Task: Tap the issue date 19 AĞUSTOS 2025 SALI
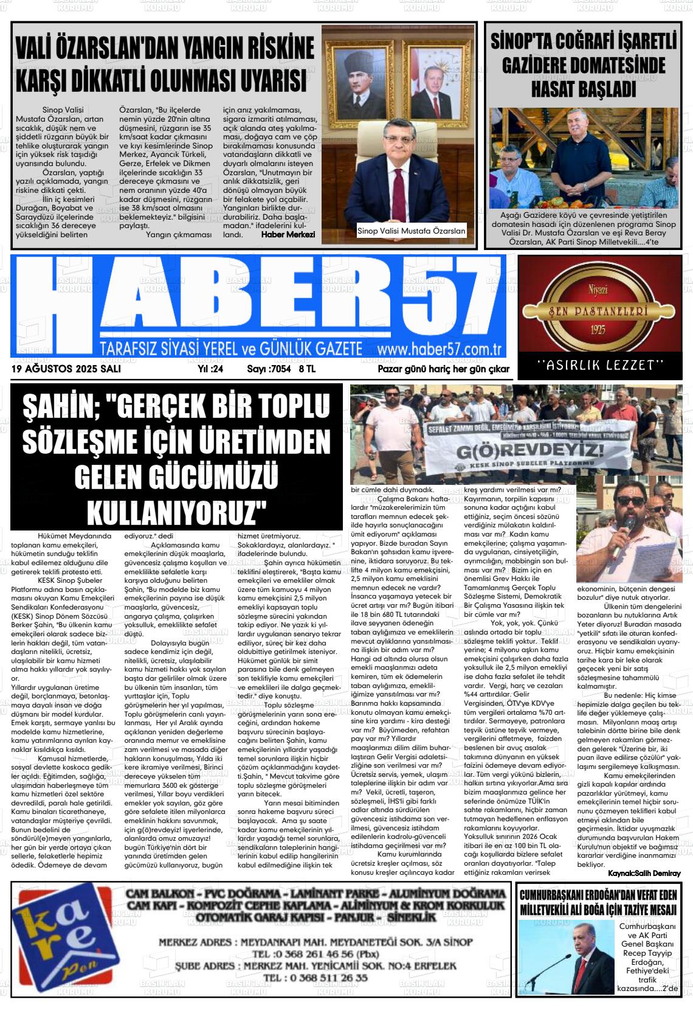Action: point(66,369)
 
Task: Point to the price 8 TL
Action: point(306,369)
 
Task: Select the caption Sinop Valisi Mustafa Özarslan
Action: point(411,231)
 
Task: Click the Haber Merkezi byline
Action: point(288,234)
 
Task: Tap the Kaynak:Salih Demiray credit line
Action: point(644,873)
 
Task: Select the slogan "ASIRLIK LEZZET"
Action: point(599,365)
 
